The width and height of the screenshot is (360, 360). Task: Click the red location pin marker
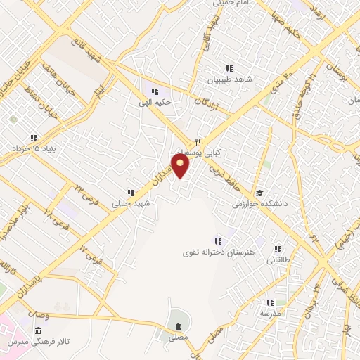pos(181,166)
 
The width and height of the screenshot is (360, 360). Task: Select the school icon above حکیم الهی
pos(155,91)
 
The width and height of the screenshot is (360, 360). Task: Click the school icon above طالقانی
pos(278,249)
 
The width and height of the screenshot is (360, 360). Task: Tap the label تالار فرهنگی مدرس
pos(35,341)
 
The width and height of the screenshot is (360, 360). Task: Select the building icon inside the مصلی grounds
pos(177,326)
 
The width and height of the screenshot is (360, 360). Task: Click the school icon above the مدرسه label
pos(268,302)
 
